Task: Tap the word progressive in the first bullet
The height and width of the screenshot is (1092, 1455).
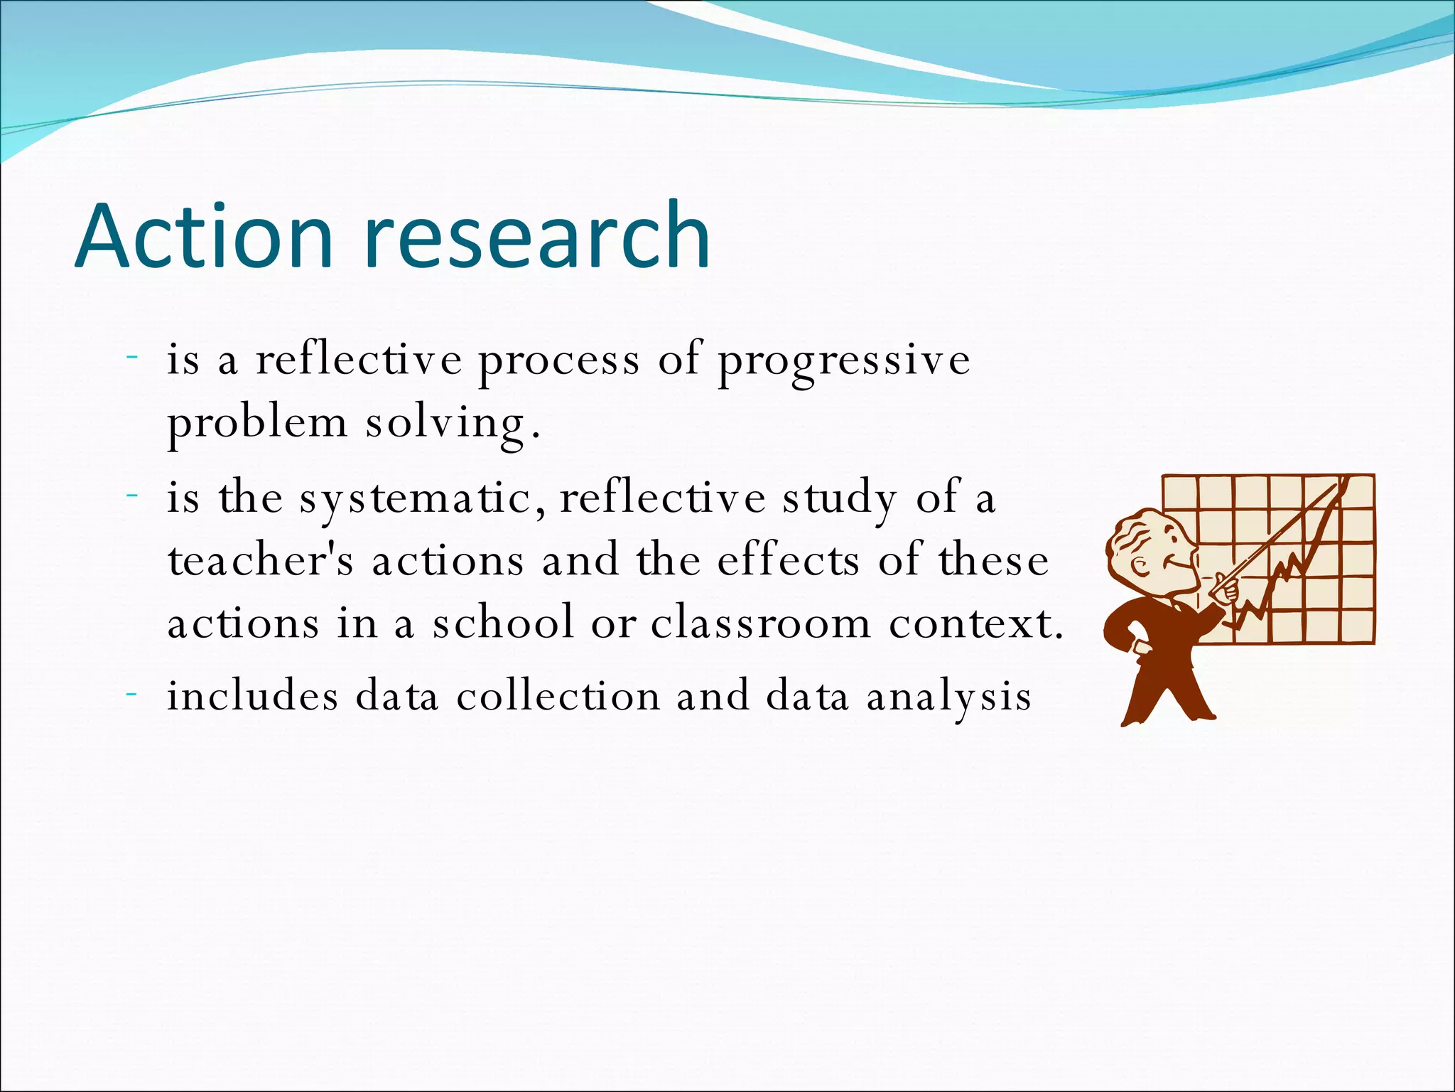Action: click(843, 361)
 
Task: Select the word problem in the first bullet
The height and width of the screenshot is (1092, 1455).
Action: click(257, 424)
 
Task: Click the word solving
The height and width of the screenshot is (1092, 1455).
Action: click(445, 424)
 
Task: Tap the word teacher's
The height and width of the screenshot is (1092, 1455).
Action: click(260, 561)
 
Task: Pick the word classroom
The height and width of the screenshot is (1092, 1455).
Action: click(760, 623)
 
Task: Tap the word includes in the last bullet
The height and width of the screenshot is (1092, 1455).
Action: click(253, 695)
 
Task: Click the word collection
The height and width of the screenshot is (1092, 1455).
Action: click(558, 695)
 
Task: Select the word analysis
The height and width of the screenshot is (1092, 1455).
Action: click(948, 697)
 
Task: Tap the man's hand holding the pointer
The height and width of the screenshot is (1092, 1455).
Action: click(1225, 589)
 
